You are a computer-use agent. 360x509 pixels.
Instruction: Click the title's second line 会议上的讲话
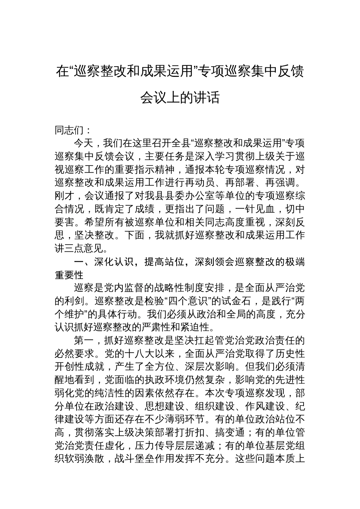coord(180,98)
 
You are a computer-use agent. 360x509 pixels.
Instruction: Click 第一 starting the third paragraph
coord(84,340)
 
